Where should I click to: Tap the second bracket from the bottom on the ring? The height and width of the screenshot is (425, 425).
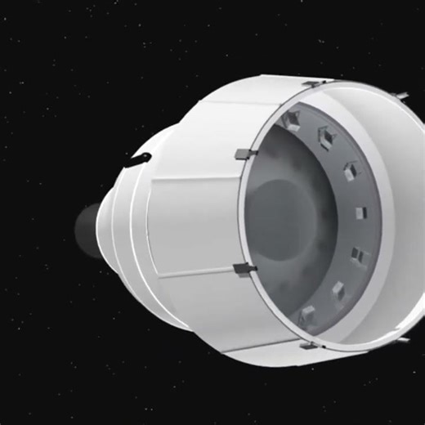[338, 290]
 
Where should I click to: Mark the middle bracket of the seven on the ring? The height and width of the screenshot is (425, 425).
[360, 212]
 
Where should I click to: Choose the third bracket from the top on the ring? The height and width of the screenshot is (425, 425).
[351, 170]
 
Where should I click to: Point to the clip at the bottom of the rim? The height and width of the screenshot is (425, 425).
[308, 345]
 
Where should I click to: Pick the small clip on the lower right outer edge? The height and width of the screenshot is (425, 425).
[401, 336]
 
